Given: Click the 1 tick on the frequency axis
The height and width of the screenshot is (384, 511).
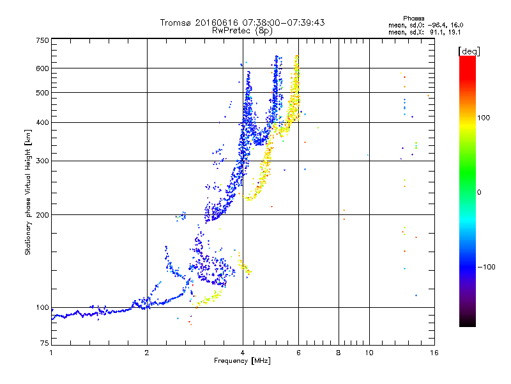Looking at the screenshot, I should (x=51, y=353).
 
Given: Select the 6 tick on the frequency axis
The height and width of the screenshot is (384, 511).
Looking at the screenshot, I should (x=298, y=353).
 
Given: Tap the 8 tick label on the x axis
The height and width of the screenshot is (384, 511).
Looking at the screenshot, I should (x=338, y=353).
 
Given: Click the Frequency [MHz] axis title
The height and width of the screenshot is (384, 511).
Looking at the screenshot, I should (x=242, y=362).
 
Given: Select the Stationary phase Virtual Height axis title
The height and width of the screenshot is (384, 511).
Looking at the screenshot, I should (x=28, y=192).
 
